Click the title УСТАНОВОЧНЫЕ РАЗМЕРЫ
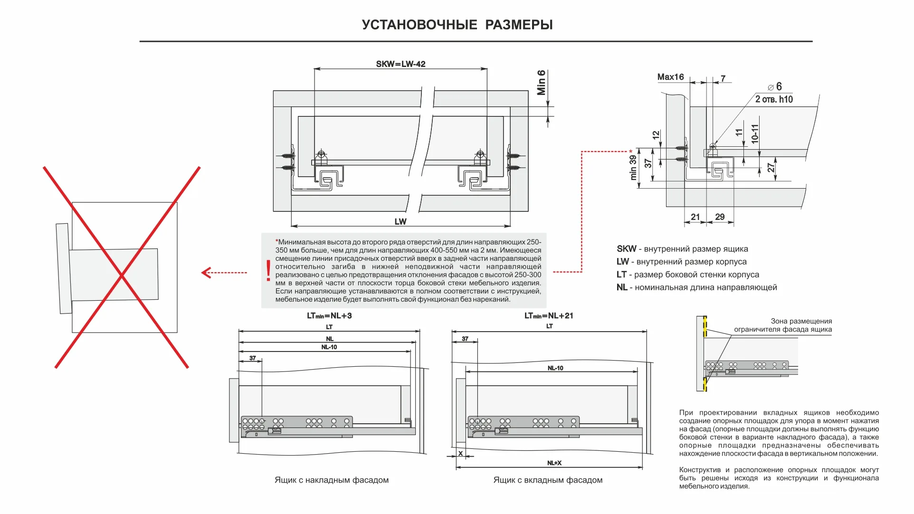tap(457, 25)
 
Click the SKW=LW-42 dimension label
tap(400, 64)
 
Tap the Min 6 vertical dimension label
tap(541, 83)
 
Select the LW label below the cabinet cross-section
tap(400, 221)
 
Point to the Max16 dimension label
tap(670, 77)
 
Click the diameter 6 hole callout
tap(775, 87)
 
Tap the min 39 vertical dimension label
tap(633, 167)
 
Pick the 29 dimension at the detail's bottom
tap(720, 217)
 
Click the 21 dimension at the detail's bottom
tap(695, 217)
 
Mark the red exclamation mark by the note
tap(268, 271)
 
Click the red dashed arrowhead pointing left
tap(206, 273)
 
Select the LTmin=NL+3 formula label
tap(329, 316)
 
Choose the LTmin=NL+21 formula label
tap(549, 316)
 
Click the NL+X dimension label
tap(554, 463)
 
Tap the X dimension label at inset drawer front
tap(460, 454)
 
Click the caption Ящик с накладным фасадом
tap(332, 480)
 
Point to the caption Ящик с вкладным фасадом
tap(548, 480)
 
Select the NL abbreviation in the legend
tap(622, 287)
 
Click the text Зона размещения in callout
tap(801, 321)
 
